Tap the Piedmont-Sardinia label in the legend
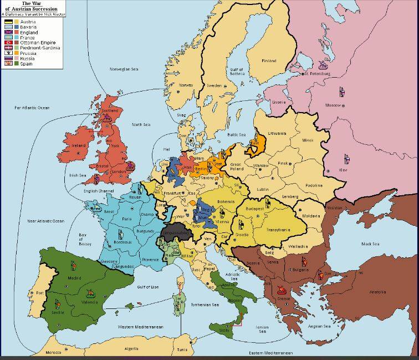click(38, 48)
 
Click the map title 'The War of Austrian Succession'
click(35, 6)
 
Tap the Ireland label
click(79, 145)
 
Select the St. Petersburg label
click(318, 73)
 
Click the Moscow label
click(333, 105)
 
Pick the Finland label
click(269, 60)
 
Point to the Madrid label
click(74, 277)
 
